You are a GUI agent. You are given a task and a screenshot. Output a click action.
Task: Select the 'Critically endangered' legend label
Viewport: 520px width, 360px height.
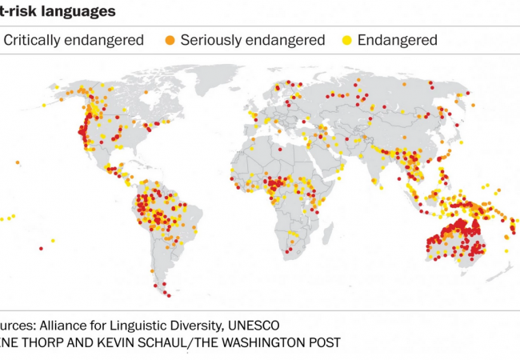pos(74,40)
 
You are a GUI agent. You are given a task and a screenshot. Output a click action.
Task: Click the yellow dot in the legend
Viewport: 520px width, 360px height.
pos(348,40)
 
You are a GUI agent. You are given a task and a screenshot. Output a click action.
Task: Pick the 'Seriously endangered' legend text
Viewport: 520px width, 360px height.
pos(253,40)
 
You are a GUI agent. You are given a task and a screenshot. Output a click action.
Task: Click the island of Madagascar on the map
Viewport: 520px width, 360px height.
pos(334,231)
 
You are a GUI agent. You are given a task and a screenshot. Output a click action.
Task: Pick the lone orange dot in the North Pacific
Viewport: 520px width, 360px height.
pos(17,162)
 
